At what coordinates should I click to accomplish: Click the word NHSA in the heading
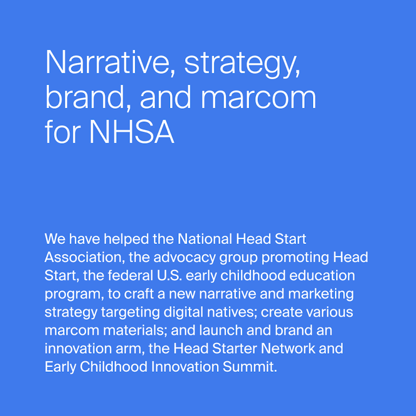coord(132,132)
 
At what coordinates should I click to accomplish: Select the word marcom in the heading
coord(258,97)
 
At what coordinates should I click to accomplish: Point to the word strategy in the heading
coord(242,63)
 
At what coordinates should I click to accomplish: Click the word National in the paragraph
coord(205,239)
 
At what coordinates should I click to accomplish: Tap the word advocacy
coord(185,258)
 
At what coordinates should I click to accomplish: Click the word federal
coord(131,276)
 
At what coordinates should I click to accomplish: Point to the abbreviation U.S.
coord(170,276)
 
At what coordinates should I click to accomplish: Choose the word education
coord(322,276)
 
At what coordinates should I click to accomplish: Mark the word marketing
coord(321,294)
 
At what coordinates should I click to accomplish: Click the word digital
coord(184,313)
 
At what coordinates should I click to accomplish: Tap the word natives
coord(232,313)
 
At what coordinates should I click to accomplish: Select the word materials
coord(135,330)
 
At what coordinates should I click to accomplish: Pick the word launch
coord(220,330)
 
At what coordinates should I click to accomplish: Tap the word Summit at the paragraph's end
coord(250,367)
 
